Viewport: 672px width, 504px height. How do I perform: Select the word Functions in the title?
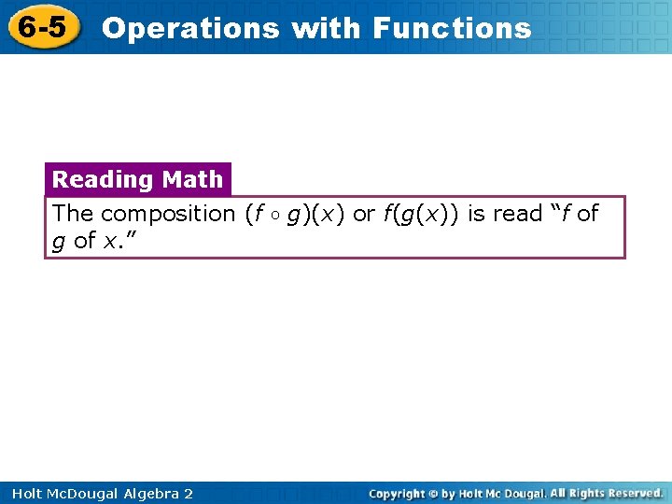point(452,28)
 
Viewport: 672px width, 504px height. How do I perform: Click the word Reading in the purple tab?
point(102,179)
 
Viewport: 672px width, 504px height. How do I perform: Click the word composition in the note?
point(168,214)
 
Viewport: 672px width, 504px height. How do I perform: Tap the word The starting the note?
point(73,214)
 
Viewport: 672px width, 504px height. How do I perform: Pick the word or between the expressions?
point(364,214)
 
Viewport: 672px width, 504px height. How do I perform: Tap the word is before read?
point(476,214)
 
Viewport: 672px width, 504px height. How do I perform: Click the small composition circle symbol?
point(278,215)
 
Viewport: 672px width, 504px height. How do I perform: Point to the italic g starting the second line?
point(59,242)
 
